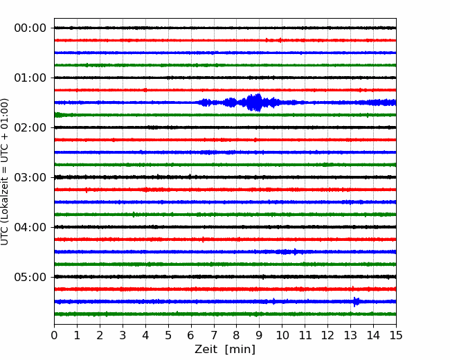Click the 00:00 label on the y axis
coord(30,28)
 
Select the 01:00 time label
coord(30,78)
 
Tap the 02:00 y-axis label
coord(30,127)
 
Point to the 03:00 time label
coord(30,177)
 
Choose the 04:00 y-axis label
coord(30,227)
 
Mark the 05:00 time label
coord(30,277)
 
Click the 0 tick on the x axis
coord(54,335)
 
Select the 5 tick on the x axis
coord(168,335)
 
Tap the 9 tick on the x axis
coord(260,335)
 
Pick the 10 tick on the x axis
coord(282,335)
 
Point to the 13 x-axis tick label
coord(350,335)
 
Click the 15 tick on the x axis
coord(396,335)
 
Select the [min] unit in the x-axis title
coord(240,350)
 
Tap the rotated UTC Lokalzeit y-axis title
coord(5,172)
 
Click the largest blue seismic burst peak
coord(255,102)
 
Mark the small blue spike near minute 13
coord(356,302)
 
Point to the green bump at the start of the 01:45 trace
coord(58,115)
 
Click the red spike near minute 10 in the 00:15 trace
coord(280,40)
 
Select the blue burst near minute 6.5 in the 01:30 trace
coord(205,102)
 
